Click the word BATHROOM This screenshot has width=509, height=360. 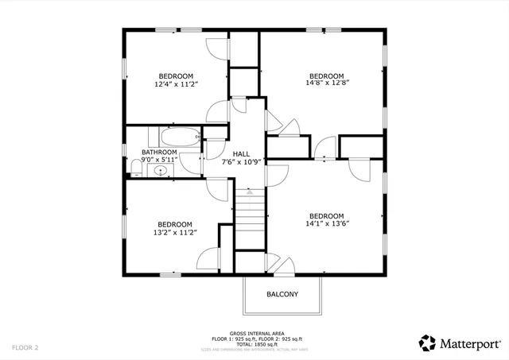coord(159,152)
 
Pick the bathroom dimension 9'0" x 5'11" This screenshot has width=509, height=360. coord(159,160)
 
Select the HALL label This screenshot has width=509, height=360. coord(241,154)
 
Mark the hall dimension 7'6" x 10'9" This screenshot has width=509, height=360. coord(241,162)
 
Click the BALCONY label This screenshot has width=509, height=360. coord(282,295)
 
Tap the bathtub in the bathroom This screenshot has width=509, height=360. coord(173,136)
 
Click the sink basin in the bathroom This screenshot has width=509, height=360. coord(161,170)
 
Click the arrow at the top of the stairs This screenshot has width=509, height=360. coord(251,192)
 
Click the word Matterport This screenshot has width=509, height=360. coord(472,343)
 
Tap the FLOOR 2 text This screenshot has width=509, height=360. coord(25,347)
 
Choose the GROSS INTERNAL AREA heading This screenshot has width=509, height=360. coord(254,333)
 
